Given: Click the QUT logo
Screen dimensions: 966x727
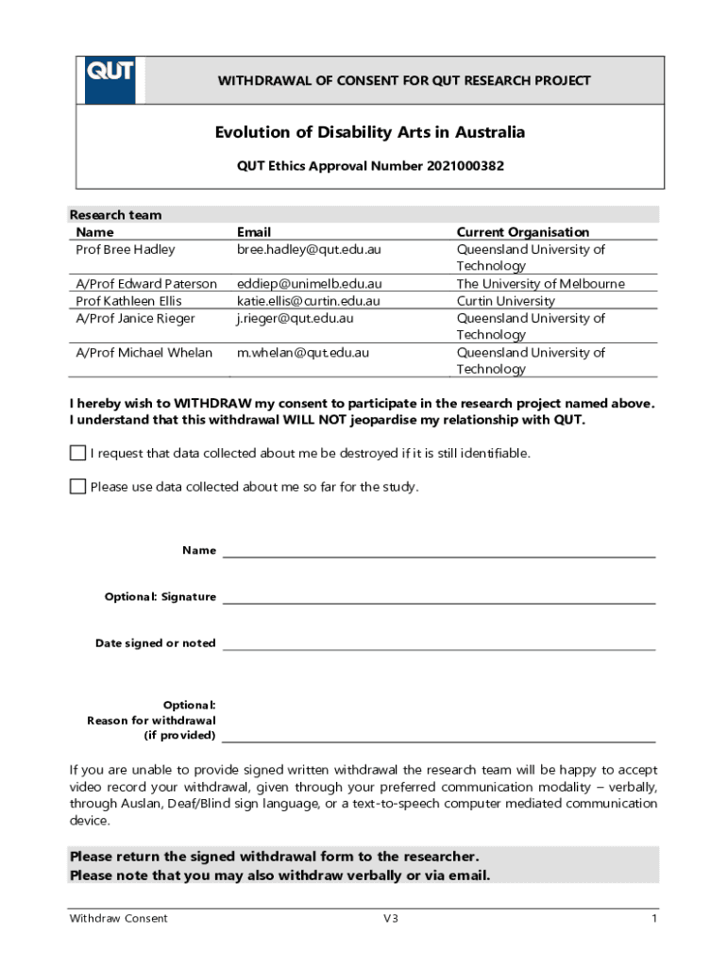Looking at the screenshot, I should coord(110,80).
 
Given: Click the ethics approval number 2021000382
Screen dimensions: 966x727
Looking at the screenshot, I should coord(465,166).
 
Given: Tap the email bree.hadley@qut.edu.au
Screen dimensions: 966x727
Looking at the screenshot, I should coord(309,250).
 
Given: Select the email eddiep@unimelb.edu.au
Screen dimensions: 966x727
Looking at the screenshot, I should coord(309,284).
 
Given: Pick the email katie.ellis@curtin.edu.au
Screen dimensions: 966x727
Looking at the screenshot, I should coord(308,301).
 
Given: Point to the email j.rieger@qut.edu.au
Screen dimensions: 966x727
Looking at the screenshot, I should coord(295,318).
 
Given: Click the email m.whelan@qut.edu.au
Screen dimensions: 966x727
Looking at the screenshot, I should coord(302,353).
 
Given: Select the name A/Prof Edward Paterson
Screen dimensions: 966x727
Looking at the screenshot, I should coord(146,284).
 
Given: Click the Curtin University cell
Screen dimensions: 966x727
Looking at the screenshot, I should coord(506,301).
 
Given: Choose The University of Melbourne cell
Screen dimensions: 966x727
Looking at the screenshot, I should coord(540,284).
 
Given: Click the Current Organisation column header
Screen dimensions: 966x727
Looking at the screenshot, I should coord(522,232).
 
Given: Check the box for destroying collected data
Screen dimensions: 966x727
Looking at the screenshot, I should coord(77,454).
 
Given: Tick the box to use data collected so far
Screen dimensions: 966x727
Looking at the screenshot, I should coord(77,487).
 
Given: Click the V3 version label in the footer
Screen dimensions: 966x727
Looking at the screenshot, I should coord(390,919).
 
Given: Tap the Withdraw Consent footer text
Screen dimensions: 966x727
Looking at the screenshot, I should coord(118,919).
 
